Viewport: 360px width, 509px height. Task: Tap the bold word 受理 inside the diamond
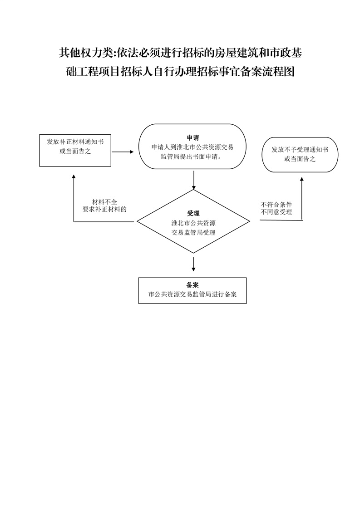[x=193, y=213]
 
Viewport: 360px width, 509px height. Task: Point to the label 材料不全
[x=104, y=202]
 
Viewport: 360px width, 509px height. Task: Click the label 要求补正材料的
[x=104, y=209]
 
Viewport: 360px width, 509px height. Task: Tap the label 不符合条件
[x=276, y=205]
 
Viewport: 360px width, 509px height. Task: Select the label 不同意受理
[x=276, y=212]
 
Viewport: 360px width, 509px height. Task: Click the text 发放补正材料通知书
[x=75, y=142]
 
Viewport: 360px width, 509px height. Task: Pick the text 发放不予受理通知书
[x=300, y=149]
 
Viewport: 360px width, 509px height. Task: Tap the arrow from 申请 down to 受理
[x=194, y=181]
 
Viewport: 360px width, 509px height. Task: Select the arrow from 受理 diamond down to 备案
[x=194, y=264]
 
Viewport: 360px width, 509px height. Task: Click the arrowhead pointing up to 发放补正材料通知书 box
[x=74, y=178]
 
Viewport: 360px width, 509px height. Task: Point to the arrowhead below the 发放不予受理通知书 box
[x=302, y=180]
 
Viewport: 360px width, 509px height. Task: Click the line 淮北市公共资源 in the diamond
[x=193, y=223]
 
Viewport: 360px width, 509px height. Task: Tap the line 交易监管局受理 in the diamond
[x=193, y=232]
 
